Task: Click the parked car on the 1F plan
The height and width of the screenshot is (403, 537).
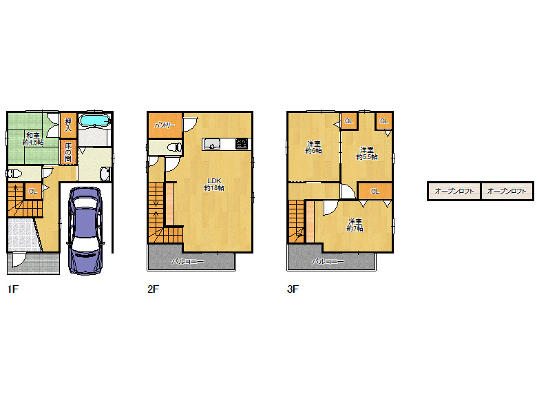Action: (85, 231)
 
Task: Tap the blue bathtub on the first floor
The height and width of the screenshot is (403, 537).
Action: (94, 121)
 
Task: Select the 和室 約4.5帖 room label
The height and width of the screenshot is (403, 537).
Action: (33, 138)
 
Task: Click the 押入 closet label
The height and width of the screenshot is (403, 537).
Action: (68, 125)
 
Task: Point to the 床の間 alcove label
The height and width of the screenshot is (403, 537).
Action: (68, 152)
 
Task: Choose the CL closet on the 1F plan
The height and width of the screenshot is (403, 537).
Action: (33, 192)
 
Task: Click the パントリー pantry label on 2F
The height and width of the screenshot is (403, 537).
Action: (165, 125)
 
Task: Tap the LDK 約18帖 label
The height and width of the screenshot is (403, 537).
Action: (214, 185)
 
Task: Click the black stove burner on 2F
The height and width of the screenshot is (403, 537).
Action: (242, 144)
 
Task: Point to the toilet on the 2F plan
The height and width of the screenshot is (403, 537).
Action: (174, 147)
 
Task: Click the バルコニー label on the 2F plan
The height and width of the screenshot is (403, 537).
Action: (187, 262)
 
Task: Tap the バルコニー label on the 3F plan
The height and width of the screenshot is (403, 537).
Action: (328, 262)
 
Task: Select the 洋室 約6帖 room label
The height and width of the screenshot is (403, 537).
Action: (314, 147)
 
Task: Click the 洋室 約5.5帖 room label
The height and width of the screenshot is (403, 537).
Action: (367, 154)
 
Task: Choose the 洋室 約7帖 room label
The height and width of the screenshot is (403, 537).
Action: (355, 225)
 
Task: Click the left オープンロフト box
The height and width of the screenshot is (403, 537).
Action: (454, 191)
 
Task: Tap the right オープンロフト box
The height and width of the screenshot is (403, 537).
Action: (507, 191)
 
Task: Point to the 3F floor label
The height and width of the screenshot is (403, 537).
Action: (293, 289)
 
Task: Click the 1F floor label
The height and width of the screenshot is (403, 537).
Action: (12, 289)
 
